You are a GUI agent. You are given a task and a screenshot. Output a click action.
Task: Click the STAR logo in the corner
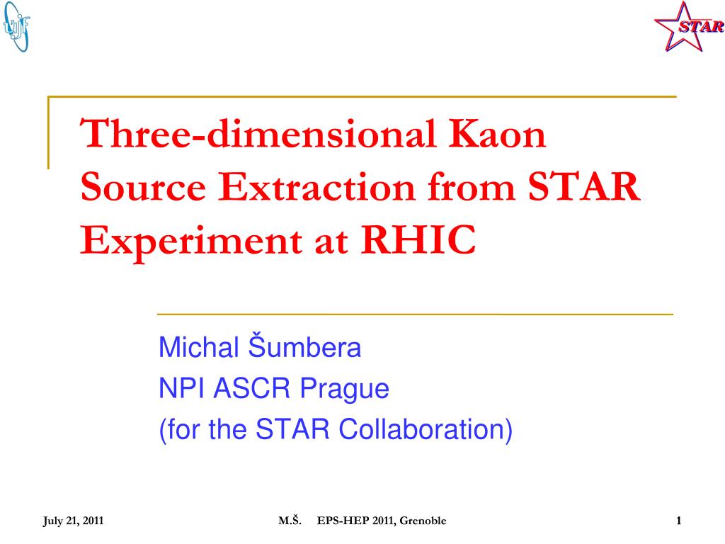689,26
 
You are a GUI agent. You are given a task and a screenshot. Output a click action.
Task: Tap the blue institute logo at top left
16,26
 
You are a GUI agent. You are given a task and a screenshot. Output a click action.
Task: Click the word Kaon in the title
497,134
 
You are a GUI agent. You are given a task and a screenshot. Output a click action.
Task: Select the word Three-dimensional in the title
258,133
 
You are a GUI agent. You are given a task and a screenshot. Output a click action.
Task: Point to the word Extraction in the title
316,186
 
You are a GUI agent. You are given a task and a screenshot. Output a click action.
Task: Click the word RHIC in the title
418,239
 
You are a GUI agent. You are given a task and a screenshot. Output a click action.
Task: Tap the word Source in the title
143,186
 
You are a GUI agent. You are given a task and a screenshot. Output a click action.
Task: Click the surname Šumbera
304,346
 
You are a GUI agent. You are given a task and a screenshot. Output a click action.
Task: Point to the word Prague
345,390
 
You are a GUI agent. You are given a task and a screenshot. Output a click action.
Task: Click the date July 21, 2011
73,521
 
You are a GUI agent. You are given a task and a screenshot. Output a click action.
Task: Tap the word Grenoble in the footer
423,521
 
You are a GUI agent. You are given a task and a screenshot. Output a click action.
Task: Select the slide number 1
679,521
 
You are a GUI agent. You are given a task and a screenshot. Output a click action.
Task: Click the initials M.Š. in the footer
290,521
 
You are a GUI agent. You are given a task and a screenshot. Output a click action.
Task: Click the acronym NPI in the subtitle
181,387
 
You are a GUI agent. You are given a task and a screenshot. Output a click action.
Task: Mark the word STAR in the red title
584,186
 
